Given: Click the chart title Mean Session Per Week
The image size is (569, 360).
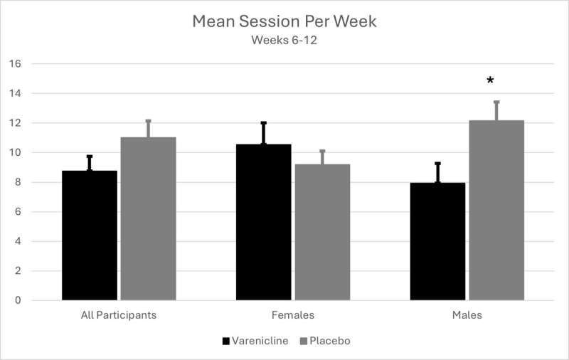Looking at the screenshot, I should (x=284, y=21).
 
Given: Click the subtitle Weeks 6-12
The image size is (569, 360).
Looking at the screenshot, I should (x=284, y=40).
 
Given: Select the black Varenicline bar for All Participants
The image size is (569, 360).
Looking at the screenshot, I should (x=90, y=235).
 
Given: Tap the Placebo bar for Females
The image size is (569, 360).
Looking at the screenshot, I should (x=322, y=232).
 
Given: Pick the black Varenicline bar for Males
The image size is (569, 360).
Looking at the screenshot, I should (x=438, y=241).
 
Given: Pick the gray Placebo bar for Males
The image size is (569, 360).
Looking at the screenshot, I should (x=496, y=210).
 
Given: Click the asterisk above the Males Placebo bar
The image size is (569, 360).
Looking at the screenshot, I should (x=491, y=81).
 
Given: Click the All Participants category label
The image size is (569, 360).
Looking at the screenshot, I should (x=119, y=314).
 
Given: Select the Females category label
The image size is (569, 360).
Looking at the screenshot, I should (x=292, y=314).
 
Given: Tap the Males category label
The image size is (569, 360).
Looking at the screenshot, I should (x=467, y=314).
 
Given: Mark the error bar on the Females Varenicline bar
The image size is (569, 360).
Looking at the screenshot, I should (x=263, y=133).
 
